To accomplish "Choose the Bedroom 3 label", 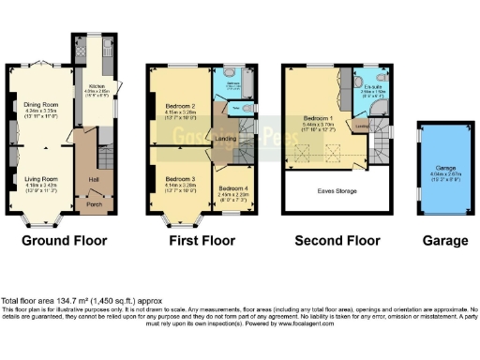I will (x=181, y=177).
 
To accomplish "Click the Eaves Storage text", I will (x=337, y=189).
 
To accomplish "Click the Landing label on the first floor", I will (x=226, y=140).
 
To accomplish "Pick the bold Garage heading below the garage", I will (x=445, y=241).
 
